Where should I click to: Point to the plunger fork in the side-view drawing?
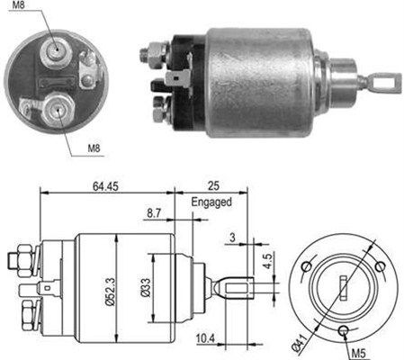click(x=236, y=288)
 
